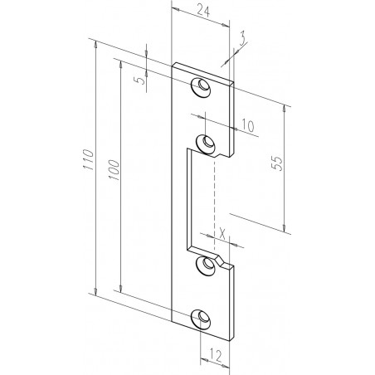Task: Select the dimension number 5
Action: click(x=142, y=80)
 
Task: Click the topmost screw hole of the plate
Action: click(x=202, y=86)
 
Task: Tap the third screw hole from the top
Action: click(x=202, y=264)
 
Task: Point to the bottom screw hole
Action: click(x=202, y=319)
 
